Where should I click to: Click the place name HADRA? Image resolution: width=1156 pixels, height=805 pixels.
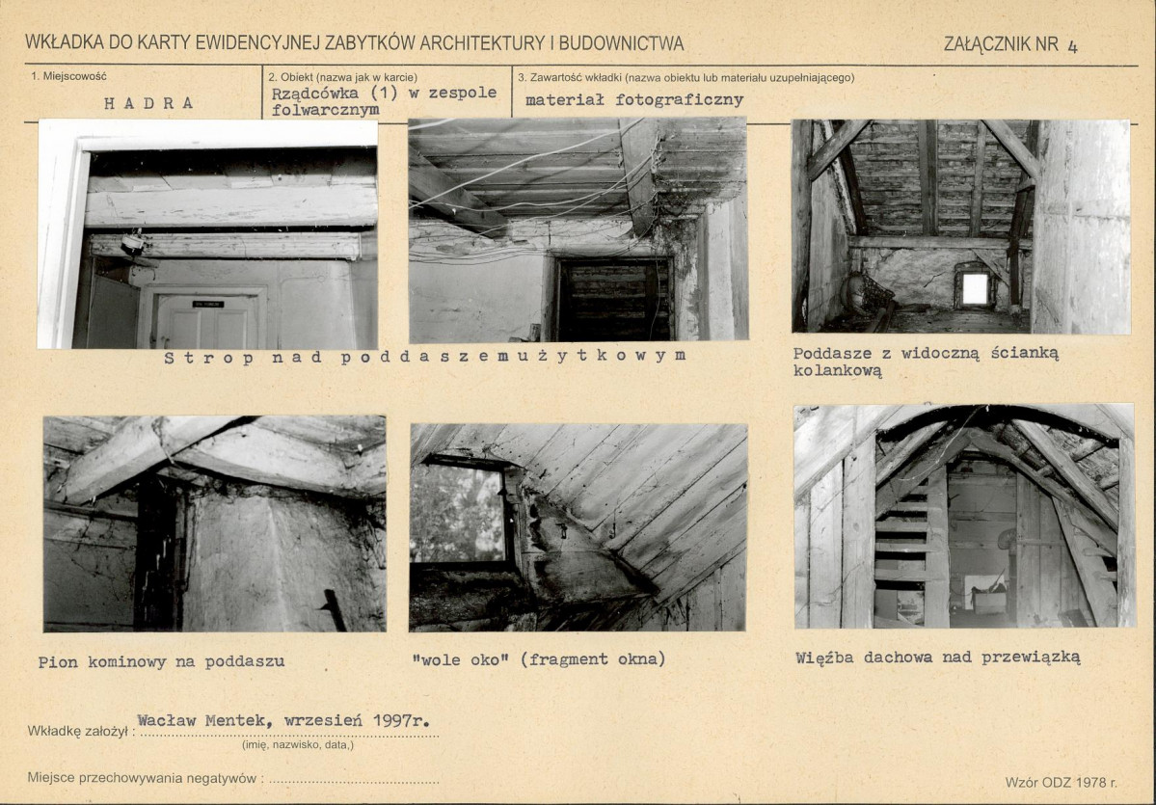coord(148,103)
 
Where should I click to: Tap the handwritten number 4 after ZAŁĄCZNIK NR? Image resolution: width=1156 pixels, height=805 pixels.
coord(1072,46)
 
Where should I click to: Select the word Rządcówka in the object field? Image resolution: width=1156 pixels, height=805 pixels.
coord(315,94)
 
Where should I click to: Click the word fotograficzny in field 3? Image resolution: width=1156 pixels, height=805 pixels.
coord(679,99)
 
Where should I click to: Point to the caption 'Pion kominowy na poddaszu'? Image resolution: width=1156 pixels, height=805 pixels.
coord(161,661)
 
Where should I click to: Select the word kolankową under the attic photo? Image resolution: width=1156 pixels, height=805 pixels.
coord(838,371)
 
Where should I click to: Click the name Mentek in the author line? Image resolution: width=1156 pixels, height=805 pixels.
coord(234,721)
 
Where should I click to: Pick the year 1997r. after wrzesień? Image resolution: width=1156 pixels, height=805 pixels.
coord(402,720)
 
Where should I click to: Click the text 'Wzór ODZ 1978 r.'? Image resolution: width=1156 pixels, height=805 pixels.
coord(1061,782)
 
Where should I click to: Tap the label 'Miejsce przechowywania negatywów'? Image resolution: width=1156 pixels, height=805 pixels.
coord(143,778)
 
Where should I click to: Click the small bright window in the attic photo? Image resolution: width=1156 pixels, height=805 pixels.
coord(975,288)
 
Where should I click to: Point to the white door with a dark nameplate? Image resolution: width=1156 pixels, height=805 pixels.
coord(207,321)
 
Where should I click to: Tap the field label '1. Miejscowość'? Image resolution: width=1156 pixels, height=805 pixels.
coord(68,76)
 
